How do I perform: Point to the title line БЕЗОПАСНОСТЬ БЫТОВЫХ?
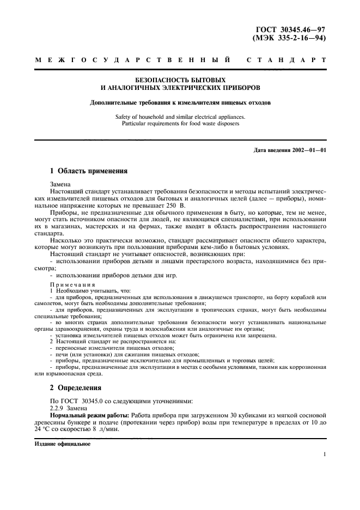tap(180, 80)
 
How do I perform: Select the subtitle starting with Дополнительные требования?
tap(180, 102)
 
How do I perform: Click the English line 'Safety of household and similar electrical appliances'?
tap(180, 117)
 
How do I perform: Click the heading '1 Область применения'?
tap(88, 171)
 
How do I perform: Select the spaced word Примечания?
tap(72, 284)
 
